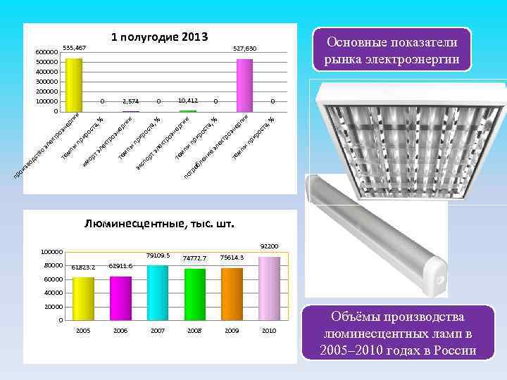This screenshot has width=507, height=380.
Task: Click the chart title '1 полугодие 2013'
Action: click(x=158, y=36)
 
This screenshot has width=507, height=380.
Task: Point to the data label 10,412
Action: click(x=187, y=101)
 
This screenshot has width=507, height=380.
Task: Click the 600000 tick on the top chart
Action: click(x=47, y=52)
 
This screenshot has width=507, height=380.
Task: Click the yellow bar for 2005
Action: click(x=83, y=298)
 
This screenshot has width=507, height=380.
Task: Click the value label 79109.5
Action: click(x=158, y=255)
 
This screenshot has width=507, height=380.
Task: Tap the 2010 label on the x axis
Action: click(x=269, y=330)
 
